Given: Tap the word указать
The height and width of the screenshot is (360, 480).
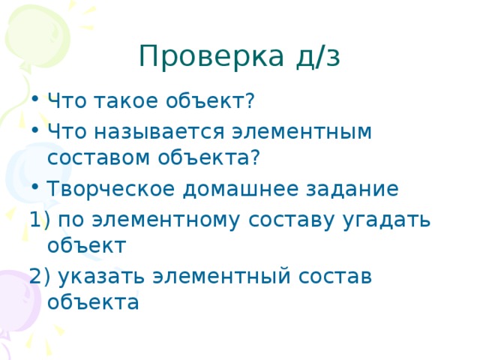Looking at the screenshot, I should pyautogui.click(x=100, y=275).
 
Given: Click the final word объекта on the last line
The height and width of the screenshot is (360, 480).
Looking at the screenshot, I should pyautogui.click(x=92, y=302).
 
